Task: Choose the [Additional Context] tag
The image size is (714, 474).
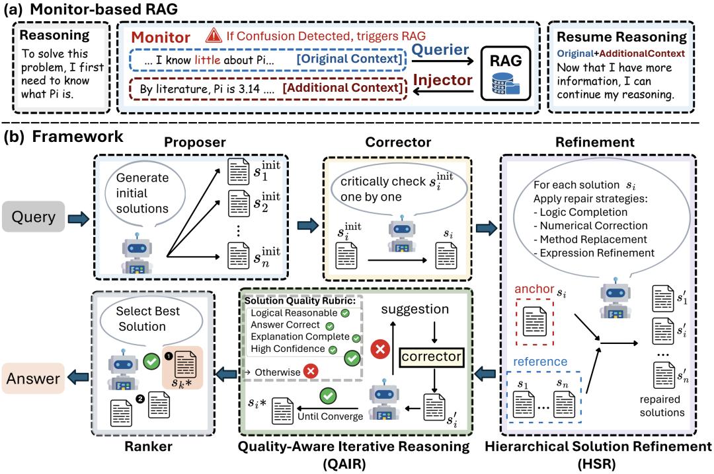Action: pyautogui.click(x=344, y=88)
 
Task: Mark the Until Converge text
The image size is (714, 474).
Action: pyautogui.click(x=331, y=417)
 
